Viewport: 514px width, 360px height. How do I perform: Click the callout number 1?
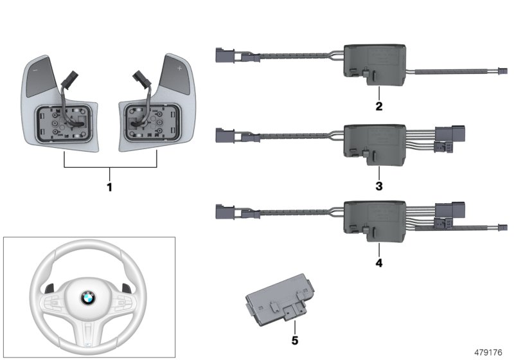pos(110,188)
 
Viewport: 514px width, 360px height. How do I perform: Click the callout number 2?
pos(379,107)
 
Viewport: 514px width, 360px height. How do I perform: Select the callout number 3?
pos(379,186)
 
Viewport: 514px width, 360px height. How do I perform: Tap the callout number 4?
pos(379,263)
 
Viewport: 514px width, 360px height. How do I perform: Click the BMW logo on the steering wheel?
pos(87,298)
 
